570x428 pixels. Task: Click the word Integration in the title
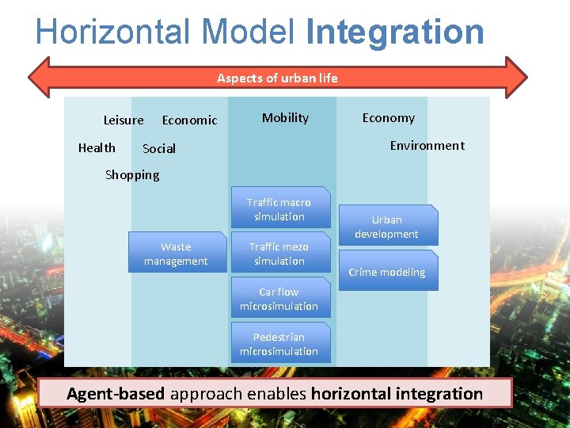(394, 32)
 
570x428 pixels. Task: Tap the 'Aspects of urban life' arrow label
(277, 78)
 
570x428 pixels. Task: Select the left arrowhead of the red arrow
(40, 77)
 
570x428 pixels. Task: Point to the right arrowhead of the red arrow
(516, 77)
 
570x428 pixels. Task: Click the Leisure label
(123, 120)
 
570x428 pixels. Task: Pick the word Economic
(189, 120)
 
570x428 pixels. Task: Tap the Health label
(97, 148)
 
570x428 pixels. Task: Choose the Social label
(159, 149)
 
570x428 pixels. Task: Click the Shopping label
(132, 175)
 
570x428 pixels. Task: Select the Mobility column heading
(285, 118)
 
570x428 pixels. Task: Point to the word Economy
(388, 118)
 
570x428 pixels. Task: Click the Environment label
(427, 146)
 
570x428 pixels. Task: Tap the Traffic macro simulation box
(279, 209)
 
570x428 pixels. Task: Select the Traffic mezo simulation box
(279, 254)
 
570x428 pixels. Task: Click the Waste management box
(176, 254)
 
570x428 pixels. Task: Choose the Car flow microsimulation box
(279, 299)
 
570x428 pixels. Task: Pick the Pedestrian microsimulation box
(279, 344)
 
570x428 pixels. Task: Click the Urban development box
(386, 227)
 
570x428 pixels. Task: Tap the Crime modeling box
(386, 272)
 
